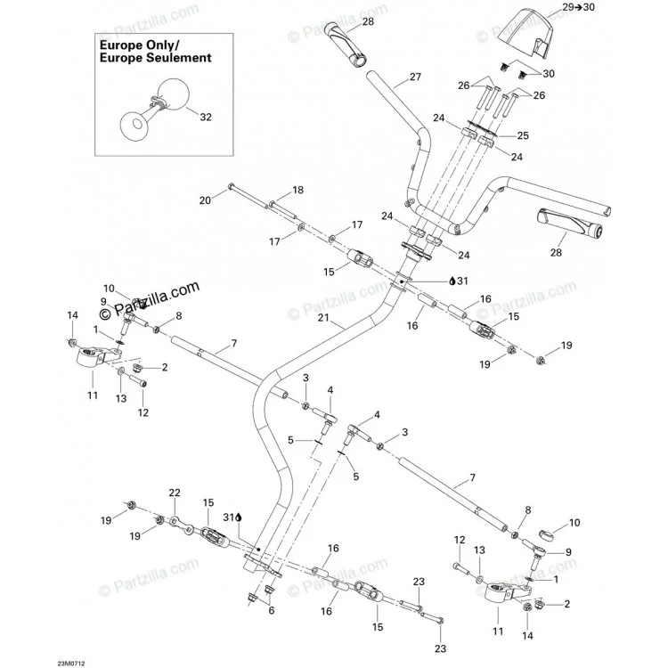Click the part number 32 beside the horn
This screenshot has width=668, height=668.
click(x=206, y=118)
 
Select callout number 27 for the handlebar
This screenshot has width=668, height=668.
click(x=415, y=77)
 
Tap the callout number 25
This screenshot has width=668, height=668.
click(x=523, y=135)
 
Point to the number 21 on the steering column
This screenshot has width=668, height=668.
click(x=324, y=317)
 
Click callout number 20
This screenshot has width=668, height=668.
click(x=206, y=200)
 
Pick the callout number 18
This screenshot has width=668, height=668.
click(x=297, y=190)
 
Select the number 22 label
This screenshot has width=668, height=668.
click(x=175, y=493)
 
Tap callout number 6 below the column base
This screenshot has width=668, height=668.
click(x=272, y=610)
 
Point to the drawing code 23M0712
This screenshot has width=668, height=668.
click(x=71, y=664)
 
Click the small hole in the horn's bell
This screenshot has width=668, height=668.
click(x=136, y=124)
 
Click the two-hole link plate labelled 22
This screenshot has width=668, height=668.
click(x=181, y=525)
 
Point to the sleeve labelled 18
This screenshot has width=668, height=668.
click(x=283, y=210)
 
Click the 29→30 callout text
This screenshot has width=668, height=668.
click(x=579, y=7)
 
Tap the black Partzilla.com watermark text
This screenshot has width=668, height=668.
click(x=149, y=299)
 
